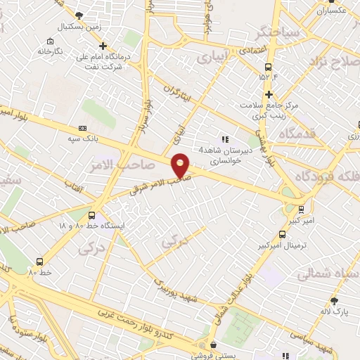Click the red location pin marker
(181, 165)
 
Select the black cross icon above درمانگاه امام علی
(103, 46)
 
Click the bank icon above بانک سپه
(83, 128)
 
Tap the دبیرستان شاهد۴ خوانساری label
(220, 155)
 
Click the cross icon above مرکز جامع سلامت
(268, 93)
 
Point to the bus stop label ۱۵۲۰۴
(268, 75)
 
